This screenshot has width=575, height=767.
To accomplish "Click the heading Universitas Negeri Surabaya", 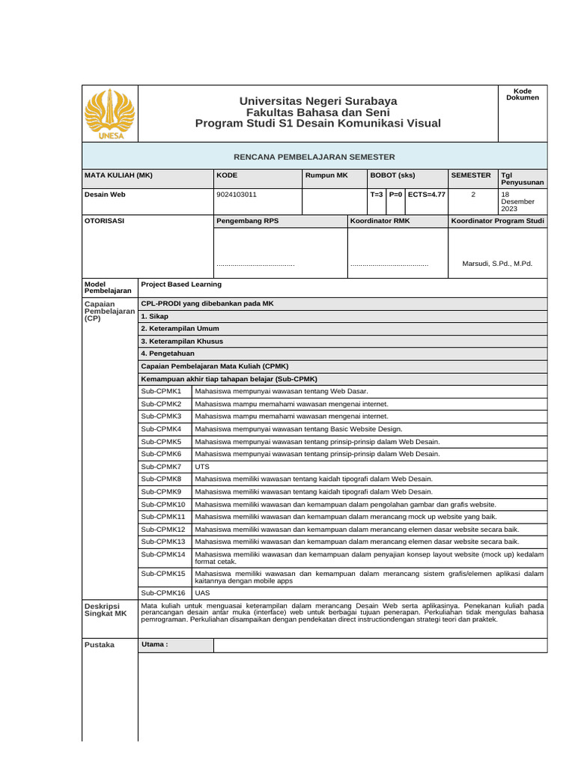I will (x=317, y=101).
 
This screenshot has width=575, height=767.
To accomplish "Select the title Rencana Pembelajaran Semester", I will (x=314, y=157).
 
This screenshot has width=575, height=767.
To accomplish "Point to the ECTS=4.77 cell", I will (x=426, y=194).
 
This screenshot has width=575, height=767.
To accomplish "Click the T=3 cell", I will (x=377, y=194).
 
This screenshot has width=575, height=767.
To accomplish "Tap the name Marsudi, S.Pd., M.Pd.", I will (x=497, y=264).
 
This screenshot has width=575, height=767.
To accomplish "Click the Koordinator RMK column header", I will (x=380, y=221).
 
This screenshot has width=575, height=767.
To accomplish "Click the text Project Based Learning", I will (x=181, y=284).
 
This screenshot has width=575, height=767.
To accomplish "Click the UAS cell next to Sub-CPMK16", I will (x=202, y=592).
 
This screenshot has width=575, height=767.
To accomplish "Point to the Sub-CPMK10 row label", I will (x=164, y=504).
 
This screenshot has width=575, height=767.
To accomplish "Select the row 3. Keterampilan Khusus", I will (x=182, y=341).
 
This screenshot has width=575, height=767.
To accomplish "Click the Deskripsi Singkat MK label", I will (x=106, y=609).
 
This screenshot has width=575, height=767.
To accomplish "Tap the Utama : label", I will (x=155, y=644).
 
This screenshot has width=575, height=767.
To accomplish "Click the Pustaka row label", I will (x=100, y=644).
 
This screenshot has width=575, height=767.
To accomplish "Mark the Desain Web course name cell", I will (x=105, y=194).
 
